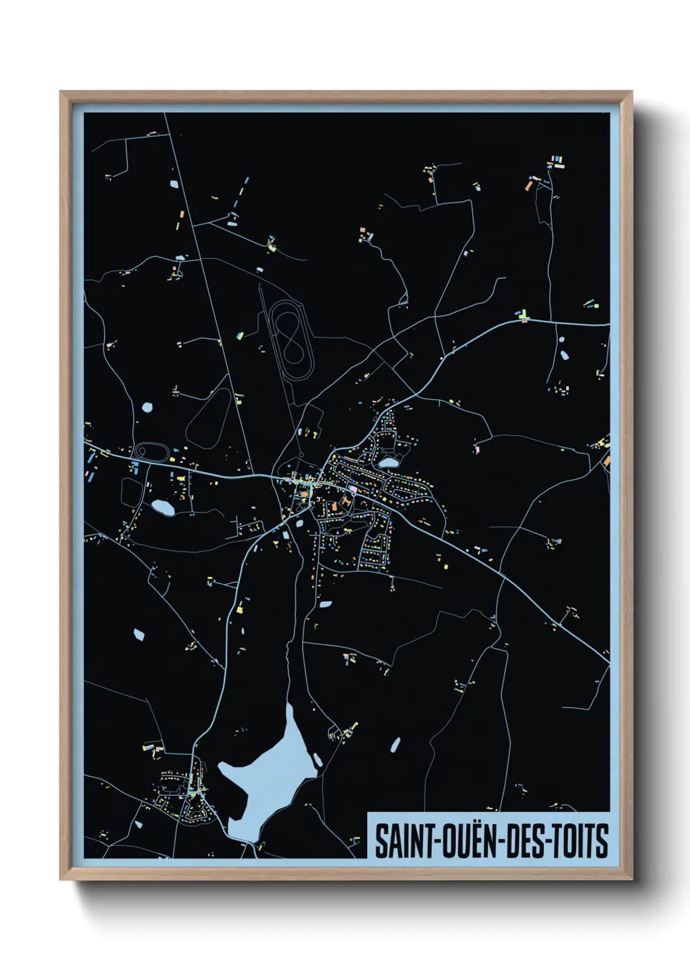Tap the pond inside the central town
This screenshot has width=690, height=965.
click(x=389, y=462)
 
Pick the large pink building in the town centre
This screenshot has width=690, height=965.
click(x=353, y=488)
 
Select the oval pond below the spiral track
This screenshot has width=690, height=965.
click(x=162, y=507)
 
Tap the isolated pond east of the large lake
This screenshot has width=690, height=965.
click(x=395, y=744)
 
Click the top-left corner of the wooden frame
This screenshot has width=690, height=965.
click(x=61, y=93)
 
